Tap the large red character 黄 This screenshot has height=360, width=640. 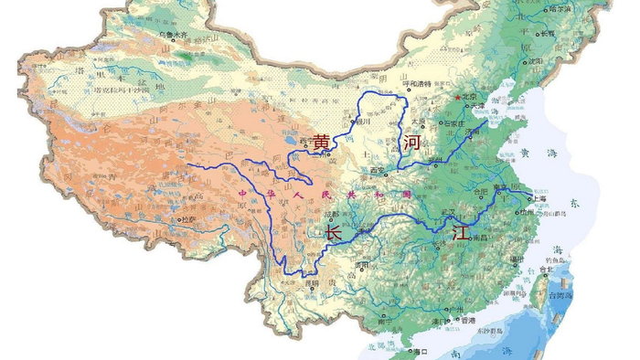click(321, 144)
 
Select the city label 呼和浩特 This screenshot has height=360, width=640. click(417, 84)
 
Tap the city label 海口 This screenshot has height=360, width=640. click(421, 351)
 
